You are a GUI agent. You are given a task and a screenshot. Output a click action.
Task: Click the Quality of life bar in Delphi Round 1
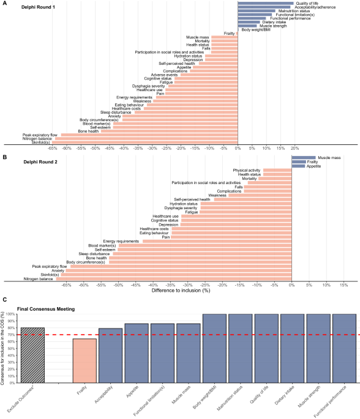[x=266, y=3]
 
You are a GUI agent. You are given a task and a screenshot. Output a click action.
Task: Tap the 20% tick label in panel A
[x=294, y=148]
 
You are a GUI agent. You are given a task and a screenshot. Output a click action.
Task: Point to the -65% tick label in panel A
[x=52, y=148]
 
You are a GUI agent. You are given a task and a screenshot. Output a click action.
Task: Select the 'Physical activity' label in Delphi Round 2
[x=246, y=170]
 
